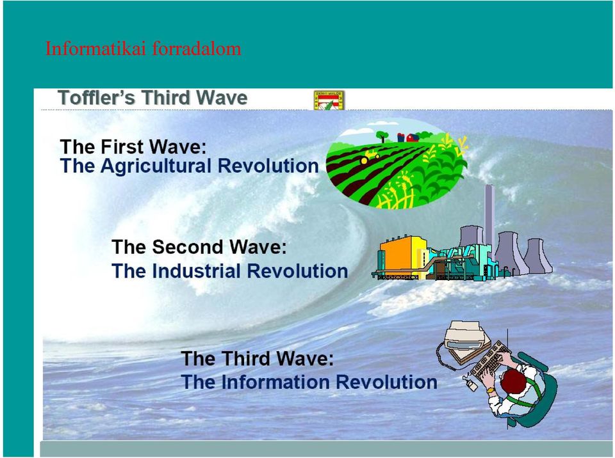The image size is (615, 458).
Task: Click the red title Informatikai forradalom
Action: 143,49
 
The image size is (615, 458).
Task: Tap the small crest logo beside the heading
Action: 329,100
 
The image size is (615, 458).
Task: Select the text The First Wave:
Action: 133,146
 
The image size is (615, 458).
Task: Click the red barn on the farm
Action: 412,138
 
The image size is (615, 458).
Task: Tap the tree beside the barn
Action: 382,137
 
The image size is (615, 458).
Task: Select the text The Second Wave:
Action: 199,247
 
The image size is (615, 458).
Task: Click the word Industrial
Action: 196,271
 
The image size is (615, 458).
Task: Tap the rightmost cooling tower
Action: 537,255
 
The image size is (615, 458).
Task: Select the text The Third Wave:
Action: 258,358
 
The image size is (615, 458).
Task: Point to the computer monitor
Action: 468,338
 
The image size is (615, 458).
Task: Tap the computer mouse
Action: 472,386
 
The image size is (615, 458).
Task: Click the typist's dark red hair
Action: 513,381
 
